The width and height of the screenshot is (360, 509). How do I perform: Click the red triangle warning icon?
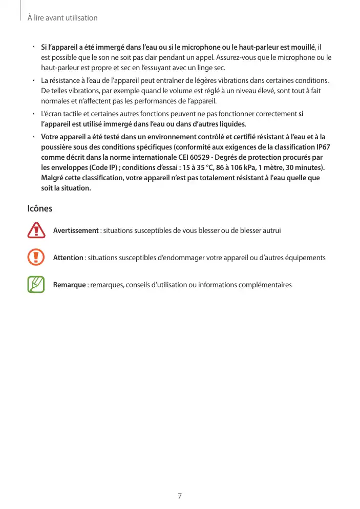[x=36, y=230]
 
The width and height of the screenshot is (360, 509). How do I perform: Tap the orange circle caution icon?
[x=36, y=257]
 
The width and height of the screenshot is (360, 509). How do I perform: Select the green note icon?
[x=36, y=284]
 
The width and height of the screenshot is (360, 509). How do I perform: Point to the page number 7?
[x=180, y=496]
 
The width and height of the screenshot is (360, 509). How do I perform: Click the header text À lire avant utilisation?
[x=62, y=18]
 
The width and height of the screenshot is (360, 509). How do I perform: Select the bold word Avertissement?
[x=76, y=230]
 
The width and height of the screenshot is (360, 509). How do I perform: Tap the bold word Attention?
[x=68, y=258]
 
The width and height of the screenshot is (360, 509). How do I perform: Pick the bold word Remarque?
[x=69, y=284]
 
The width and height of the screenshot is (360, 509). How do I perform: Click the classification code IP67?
[x=321, y=147]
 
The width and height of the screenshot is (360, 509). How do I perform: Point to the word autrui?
[x=271, y=230]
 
